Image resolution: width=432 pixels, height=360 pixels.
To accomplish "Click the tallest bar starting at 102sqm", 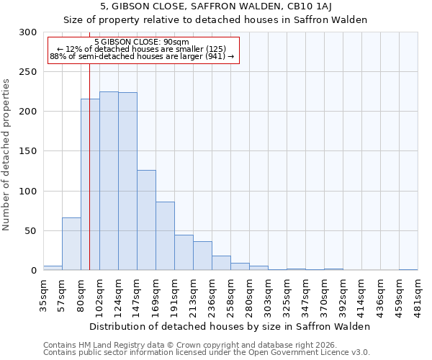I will point(109,181).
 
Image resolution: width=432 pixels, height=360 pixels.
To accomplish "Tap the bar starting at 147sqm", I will point(146,220).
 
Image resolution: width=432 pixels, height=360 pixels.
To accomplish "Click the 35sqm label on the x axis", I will point(44,295).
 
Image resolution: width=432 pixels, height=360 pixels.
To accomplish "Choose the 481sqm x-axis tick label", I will point(418,295).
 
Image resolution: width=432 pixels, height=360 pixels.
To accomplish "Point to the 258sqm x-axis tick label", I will point(231,295).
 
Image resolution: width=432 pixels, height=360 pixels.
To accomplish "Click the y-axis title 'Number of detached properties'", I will point(6,155).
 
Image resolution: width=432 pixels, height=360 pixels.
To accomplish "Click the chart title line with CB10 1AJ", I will point(215,6).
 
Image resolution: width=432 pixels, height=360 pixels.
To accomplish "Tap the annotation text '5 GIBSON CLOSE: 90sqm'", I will point(141,42).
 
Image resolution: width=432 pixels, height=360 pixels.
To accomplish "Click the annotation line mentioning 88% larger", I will point(142,56).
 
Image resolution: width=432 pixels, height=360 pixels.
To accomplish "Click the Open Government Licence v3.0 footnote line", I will point(206,352).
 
